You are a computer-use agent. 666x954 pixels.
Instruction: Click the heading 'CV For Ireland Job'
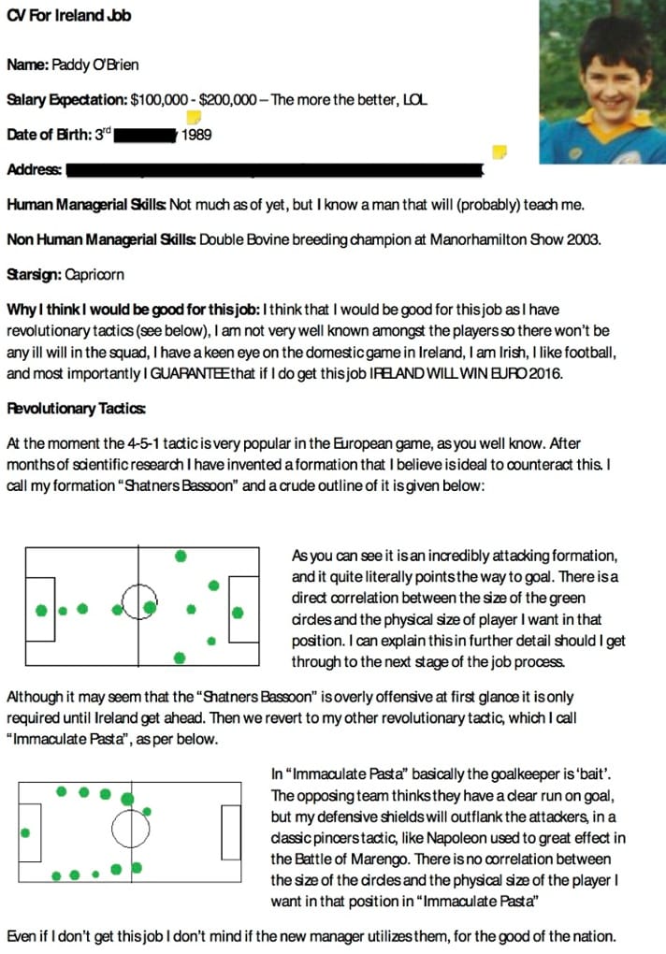click(x=68, y=15)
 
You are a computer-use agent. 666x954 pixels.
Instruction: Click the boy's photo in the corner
click(x=602, y=81)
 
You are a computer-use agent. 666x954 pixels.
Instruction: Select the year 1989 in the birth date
click(x=196, y=135)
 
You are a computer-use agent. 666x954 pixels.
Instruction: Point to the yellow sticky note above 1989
click(x=194, y=118)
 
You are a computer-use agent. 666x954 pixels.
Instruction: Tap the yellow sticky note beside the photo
click(x=499, y=152)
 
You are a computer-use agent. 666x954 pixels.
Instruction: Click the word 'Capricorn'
click(x=94, y=275)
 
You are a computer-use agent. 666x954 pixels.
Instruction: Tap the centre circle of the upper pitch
click(x=138, y=599)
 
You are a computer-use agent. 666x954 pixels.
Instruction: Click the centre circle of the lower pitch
click(x=129, y=827)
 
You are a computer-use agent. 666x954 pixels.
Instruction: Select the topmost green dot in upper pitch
click(x=181, y=556)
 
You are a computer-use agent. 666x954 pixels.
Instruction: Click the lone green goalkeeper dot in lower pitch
click(x=25, y=831)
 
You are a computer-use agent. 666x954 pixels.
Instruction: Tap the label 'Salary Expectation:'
click(x=66, y=99)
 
